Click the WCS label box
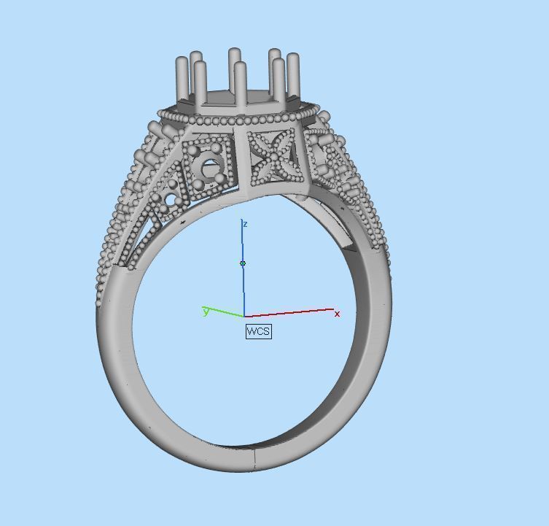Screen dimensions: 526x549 [x=258, y=331]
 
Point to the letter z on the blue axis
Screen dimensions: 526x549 [x=245, y=224]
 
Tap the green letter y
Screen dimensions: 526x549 [x=206, y=312]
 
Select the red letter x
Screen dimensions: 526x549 [x=337, y=314]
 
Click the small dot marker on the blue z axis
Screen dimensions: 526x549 [x=243, y=263]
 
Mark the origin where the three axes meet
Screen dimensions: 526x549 [x=244, y=317]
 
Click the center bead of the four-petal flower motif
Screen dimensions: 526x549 [x=273, y=157]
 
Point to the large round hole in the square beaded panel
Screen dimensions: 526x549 [x=212, y=169]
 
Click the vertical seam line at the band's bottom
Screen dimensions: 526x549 [x=254, y=457]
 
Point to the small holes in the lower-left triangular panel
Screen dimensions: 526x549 [x=171, y=198]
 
